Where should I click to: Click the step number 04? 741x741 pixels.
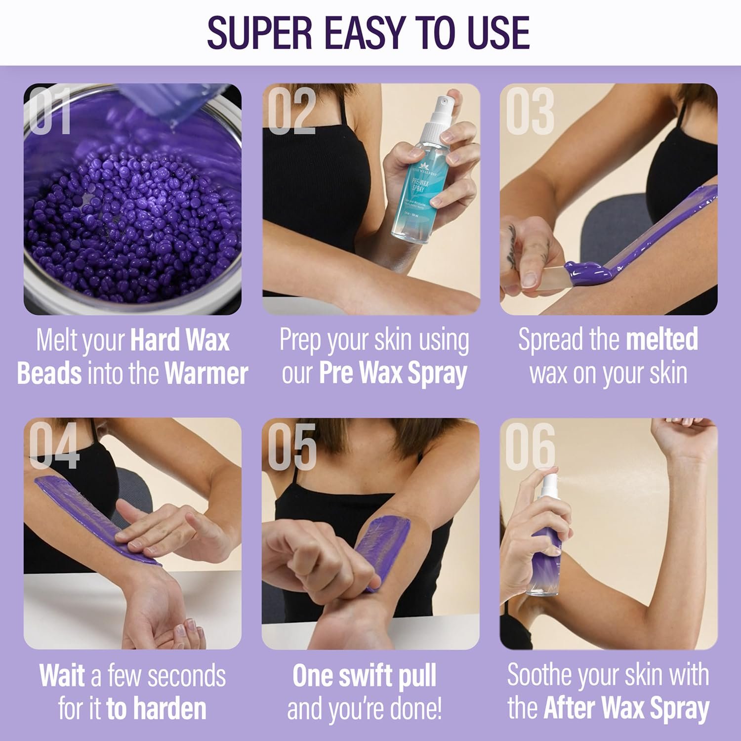53,446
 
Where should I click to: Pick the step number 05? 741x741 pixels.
291,446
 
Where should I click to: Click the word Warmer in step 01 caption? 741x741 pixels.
206,374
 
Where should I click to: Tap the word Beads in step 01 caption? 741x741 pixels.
49,374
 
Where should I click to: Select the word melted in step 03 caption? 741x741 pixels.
662,340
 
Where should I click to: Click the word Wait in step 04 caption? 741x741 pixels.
62,675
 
